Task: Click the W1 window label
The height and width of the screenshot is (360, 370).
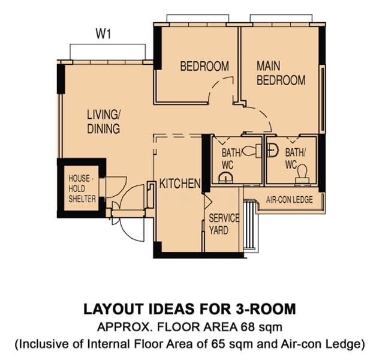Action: (103, 34)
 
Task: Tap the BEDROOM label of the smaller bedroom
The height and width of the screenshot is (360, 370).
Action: (204, 66)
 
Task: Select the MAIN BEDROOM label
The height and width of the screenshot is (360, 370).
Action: (281, 73)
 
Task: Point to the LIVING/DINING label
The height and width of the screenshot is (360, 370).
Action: (104, 122)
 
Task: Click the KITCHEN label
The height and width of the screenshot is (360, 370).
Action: (180, 184)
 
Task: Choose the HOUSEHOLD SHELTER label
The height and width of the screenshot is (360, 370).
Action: (82, 188)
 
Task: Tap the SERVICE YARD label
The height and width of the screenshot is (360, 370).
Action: (224, 224)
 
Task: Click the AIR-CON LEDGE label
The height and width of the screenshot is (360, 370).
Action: (289, 200)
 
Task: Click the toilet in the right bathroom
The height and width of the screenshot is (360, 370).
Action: (302, 174)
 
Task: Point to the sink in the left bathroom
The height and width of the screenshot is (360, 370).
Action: (226, 178)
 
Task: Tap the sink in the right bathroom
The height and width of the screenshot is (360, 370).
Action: (272, 150)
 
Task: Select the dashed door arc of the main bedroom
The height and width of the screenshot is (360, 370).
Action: (264, 116)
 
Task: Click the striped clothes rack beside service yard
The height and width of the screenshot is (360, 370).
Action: (249, 224)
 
